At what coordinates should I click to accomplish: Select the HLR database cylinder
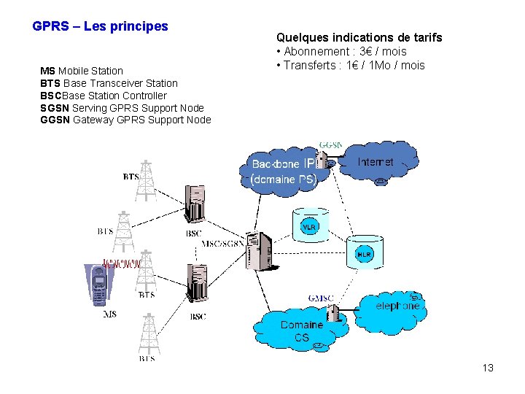click(364, 252)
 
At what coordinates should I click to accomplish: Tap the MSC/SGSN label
click(222, 243)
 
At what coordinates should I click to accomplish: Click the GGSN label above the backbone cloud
click(330, 144)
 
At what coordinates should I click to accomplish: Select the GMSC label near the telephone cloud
click(320, 298)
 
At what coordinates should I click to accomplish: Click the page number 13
click(488, 368)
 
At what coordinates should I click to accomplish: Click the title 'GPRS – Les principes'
click(101, 26)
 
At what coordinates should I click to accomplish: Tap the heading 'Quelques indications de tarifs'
click(359, 37)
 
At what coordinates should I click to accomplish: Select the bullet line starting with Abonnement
click(341, 52)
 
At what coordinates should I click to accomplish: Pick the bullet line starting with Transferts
click(350, 66)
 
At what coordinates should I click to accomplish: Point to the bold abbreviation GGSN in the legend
click(55, 120)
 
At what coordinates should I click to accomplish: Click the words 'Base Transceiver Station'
click(120, 83)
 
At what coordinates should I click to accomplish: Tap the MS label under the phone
click(109, 314)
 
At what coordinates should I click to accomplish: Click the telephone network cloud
click(394, 306)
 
